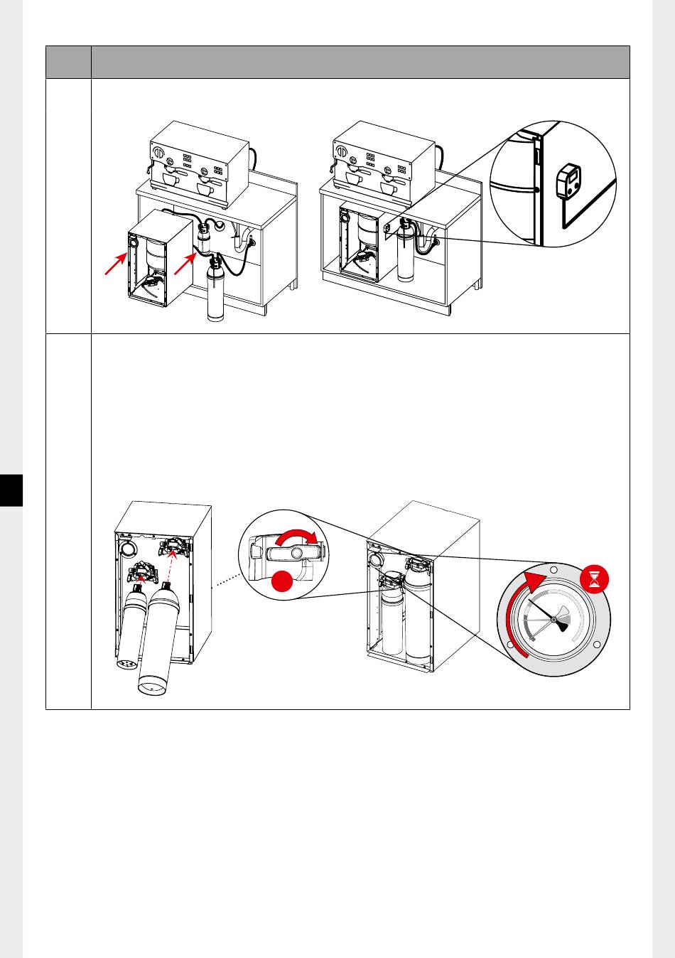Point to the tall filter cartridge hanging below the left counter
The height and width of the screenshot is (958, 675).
[x=215, y=291]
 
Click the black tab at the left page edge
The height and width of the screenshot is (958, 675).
[x=11, y=490]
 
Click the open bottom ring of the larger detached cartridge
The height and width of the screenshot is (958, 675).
[x=152, y=687]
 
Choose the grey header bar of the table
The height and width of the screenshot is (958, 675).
[x=337, y=63]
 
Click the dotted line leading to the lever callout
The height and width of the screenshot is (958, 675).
[x=226, y=581]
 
